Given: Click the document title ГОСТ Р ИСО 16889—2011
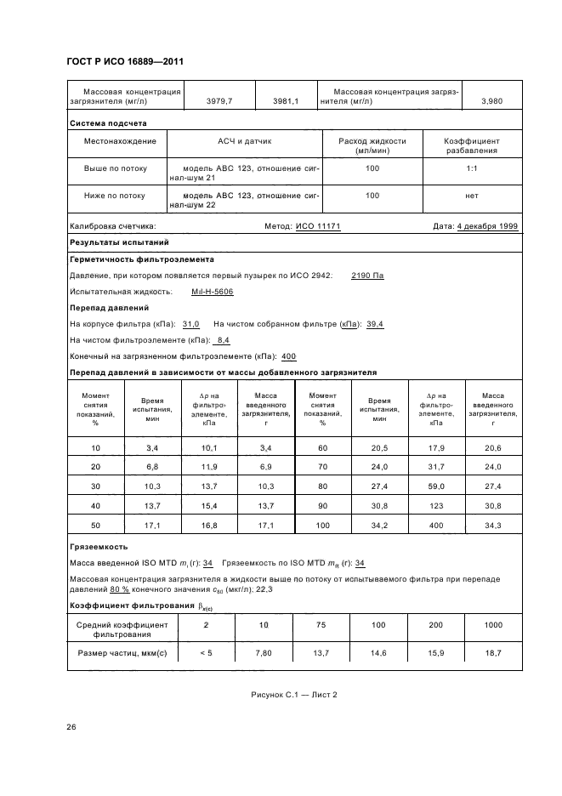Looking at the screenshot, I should point(125,62).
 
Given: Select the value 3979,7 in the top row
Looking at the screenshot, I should point(219,100).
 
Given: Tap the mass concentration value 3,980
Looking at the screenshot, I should point(491,100).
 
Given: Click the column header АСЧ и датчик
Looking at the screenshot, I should point(245,140).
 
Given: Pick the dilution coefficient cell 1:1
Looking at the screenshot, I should point(472,168).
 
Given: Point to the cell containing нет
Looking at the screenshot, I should point(472,196).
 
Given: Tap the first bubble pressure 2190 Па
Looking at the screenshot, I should point(367,276).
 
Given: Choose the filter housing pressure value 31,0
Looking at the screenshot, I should point(191,324).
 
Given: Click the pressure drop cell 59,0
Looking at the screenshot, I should point(436,485).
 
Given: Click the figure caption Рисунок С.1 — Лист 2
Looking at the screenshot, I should point(294,694).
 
